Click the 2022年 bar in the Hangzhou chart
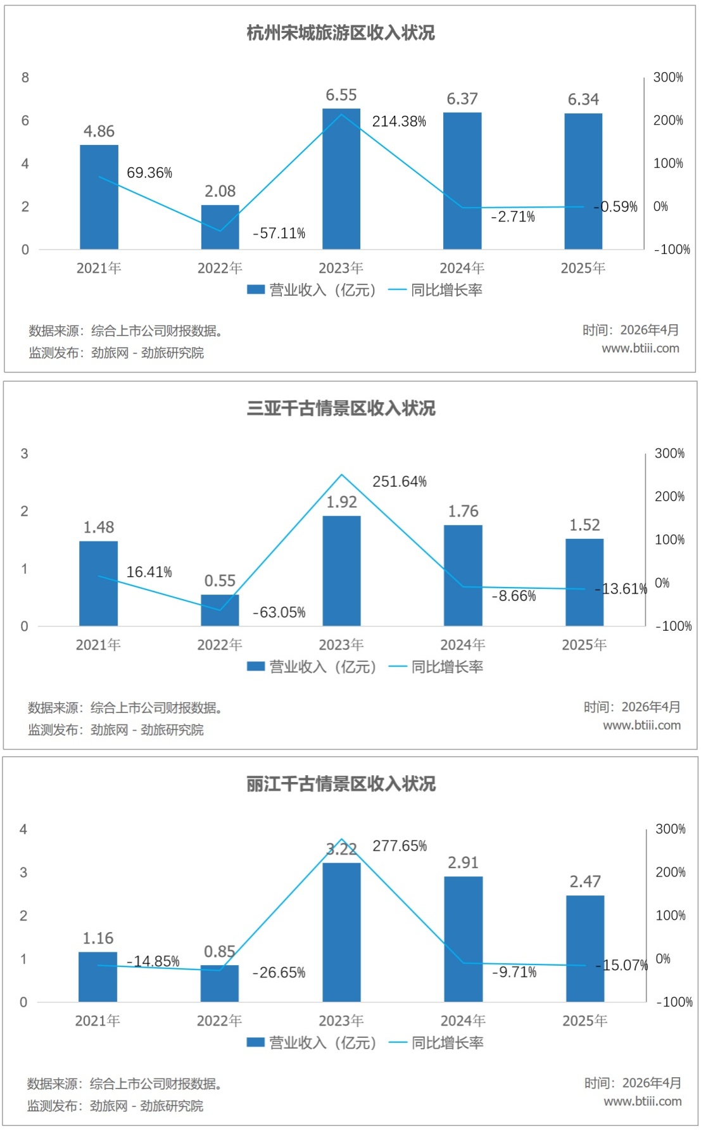pyautogui.click(x=220, y=227)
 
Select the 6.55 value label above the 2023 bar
pyautogui.click(x=341, y=96)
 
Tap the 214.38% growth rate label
pyautogui.click(x=399, y=122)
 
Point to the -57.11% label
pyautogui.click(x=279, y=234)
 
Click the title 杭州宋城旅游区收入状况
pyautogui.click(x=341, y=33)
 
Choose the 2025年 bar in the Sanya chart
pyautogui.click(x=584, y=583)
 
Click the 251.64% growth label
pyautogui.click(x=400, y=482)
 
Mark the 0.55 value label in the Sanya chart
pyautogui.click(x=220, y=581)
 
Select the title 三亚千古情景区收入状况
pyautogui.click(x=341, y=408)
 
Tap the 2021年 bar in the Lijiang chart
pyautogui.click(x=98, y=977)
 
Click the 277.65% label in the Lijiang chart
pyautogui.click(x=400, y=846)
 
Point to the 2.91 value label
pyautogui.click(x=463, y=863)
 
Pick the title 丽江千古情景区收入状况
pyautogui.click(x=341, y=784)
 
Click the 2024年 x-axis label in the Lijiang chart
pyautogui.click(x=463, y=1021)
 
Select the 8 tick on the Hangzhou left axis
pyautogui.click(x=25, y=78)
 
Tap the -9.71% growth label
pyautogui.click(x=514, y=972)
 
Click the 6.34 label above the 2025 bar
pyautogui.click(x=583, y=100)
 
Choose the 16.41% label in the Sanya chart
pyautogui.click(x=149, y=572)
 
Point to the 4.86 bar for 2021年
pyautogui.click(x=99, y=197)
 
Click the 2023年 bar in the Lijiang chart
pyautogui.click(x=341, y=932)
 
